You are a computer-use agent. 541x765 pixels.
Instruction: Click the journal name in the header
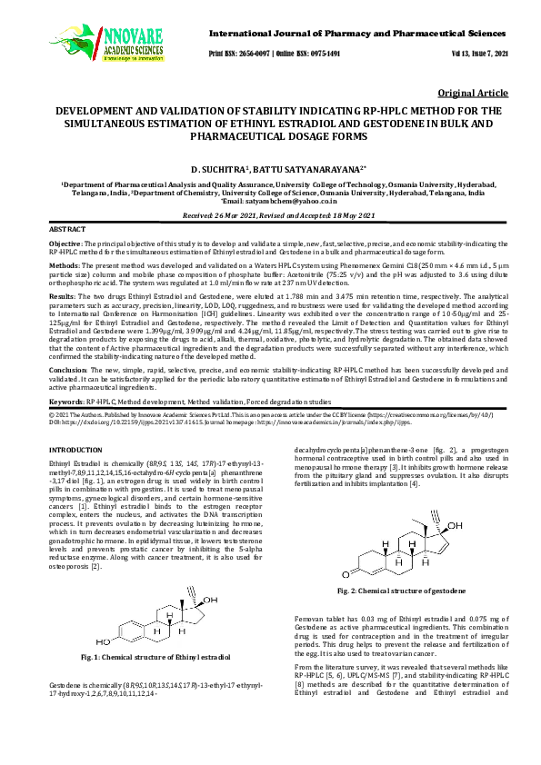click(352, 33)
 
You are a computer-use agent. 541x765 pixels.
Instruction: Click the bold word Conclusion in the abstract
click(67, 371)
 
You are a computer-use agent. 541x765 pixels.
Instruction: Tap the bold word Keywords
click(65, 401)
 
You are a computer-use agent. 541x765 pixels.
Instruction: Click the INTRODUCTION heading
click(81, 451)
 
